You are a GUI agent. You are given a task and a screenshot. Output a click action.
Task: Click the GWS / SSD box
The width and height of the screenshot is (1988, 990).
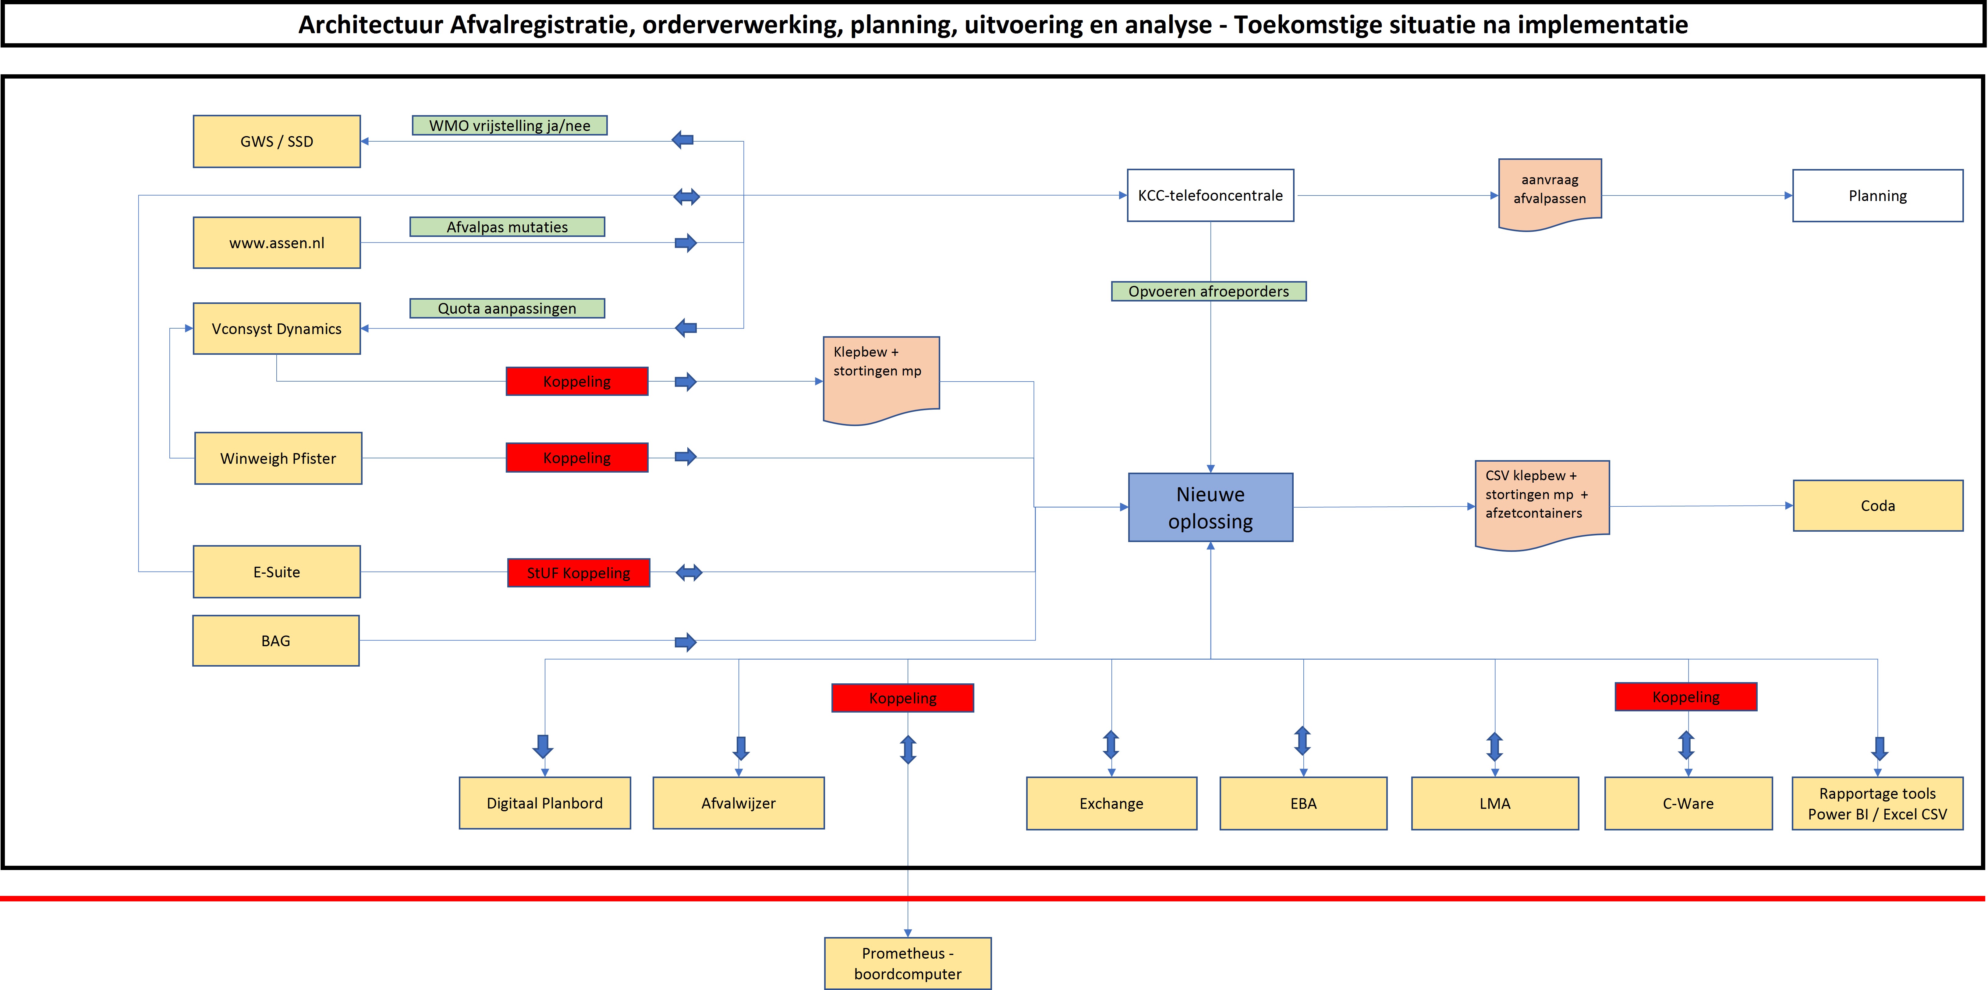coord(276,141)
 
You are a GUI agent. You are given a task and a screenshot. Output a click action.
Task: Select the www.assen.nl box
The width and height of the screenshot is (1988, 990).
coord(276,243)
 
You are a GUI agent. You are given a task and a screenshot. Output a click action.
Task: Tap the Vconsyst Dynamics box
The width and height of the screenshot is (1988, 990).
coord(276,329)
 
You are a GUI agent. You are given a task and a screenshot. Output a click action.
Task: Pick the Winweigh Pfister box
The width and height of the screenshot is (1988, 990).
coord(278,458)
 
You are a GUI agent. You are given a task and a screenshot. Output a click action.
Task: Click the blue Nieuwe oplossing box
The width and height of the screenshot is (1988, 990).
coord(1210,507)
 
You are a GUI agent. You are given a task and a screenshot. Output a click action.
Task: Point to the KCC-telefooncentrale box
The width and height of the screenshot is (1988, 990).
coord(1210,195)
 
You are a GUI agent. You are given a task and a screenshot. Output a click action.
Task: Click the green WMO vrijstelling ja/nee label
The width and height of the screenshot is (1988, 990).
coord(509,125)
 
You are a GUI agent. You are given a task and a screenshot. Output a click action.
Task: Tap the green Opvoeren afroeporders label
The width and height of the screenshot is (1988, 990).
coord(1209,291)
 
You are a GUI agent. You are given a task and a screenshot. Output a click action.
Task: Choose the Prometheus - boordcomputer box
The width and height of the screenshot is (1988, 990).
coord(908,963)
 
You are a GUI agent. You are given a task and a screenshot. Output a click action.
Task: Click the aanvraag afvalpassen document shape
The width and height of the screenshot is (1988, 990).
coord(1550,193)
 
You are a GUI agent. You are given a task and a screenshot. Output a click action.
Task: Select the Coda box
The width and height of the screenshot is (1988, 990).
coord(1878,506)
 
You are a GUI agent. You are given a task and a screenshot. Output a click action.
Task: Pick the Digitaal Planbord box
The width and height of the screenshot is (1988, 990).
coord(545,803)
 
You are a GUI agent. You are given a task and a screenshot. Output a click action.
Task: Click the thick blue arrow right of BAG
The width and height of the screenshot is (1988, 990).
coord(685,642)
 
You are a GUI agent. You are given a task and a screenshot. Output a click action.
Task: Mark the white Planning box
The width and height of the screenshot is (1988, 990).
coord(1878,195)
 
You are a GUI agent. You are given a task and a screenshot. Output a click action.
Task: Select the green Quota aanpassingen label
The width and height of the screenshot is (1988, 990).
coord(507,308)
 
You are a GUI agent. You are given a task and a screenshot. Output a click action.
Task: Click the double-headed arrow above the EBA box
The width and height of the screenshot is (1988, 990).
coord(1303,741)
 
